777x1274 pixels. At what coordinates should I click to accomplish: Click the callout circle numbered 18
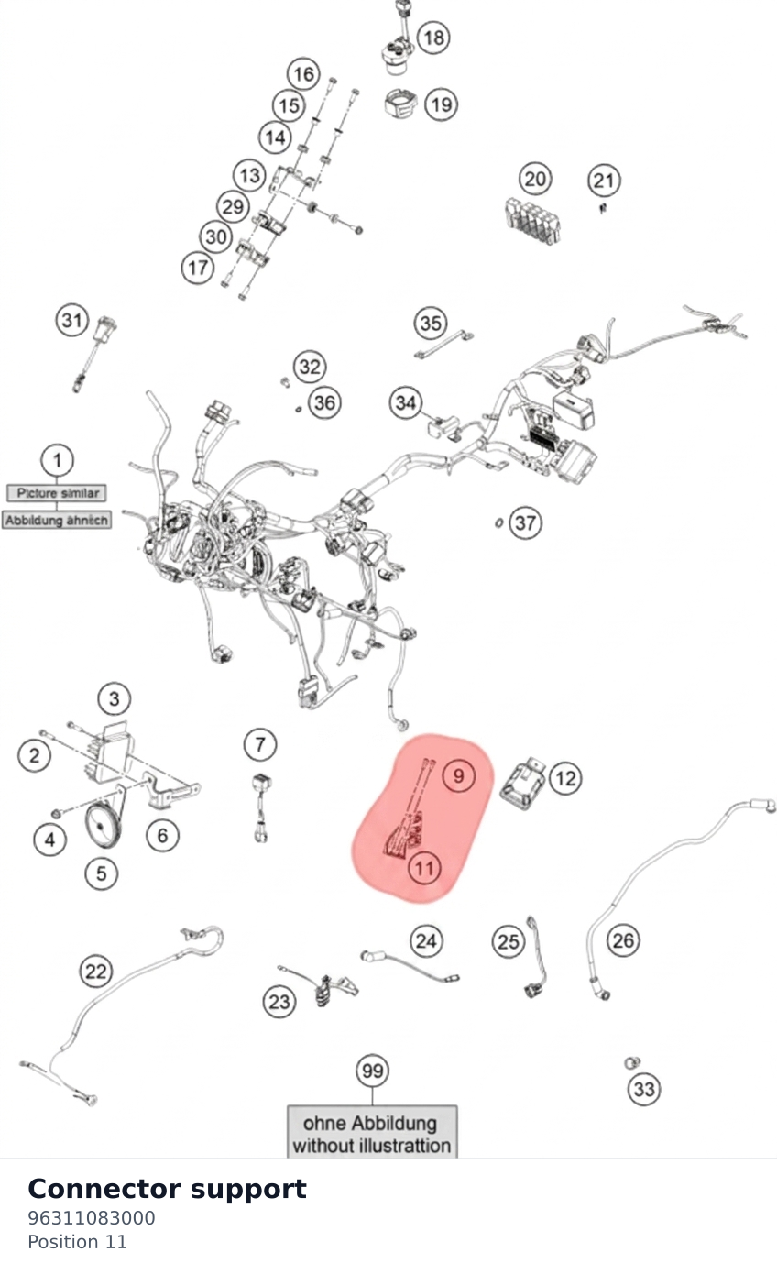[x=433, y=38]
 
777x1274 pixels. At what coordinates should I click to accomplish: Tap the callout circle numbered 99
[x=372, y=1071]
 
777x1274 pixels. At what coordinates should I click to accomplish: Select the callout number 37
[x=525, y=522]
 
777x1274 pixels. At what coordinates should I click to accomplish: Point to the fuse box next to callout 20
[x=532, y=220]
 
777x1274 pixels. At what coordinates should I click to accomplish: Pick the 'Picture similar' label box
[x=57, y=493]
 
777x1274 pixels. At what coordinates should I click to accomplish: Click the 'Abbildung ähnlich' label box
[x=56, y=520]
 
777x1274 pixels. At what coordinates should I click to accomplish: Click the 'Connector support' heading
[x=167, y=1190]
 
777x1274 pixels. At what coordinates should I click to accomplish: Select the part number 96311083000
[x=91, y=1218]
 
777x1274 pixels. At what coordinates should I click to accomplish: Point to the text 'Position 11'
[x=77, y=1242]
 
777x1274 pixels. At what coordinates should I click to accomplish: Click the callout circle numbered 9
[x=458, y=775]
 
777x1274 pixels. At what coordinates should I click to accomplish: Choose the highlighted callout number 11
[x=424, y=869]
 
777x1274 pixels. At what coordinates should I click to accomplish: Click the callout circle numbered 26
[x=623, y=940]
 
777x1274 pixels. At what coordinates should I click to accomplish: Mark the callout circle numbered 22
[x=95, y=972]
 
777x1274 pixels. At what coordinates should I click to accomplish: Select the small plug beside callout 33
[x=632, y=1062]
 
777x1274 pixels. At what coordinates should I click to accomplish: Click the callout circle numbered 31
[x=72, y=320]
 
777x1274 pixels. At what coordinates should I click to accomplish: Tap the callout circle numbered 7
[x=259, y=744]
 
